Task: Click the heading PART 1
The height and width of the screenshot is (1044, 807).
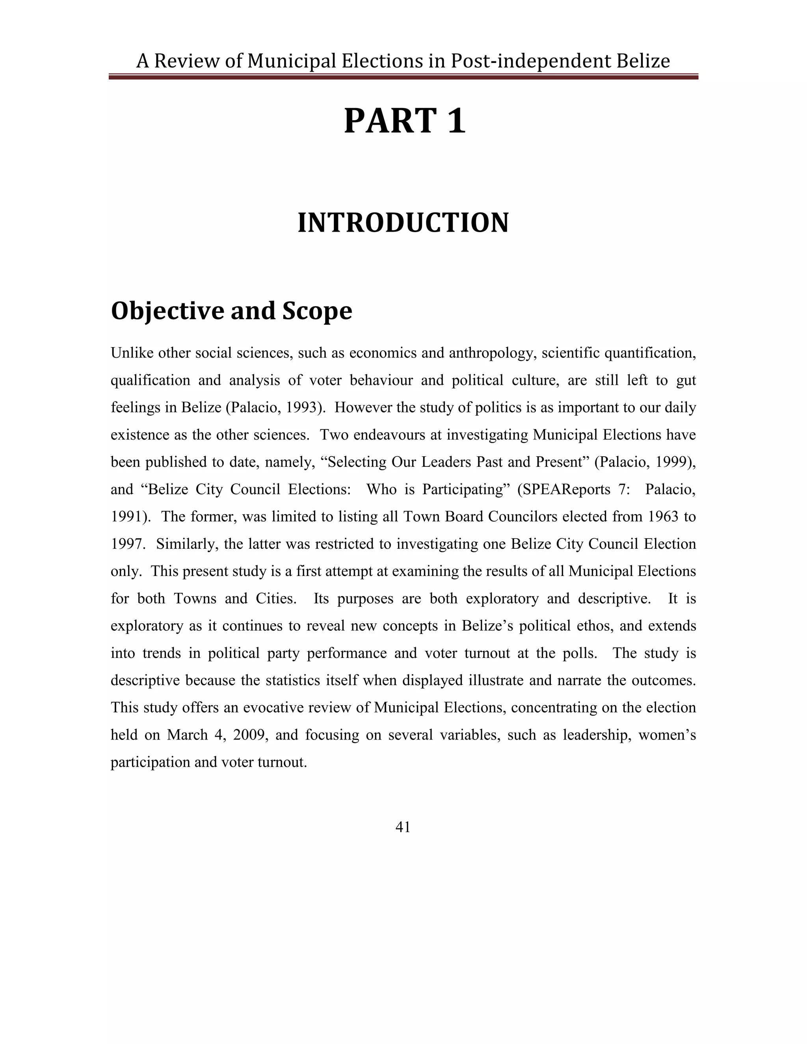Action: pos(404,121)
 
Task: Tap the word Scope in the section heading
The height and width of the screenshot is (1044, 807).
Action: pos(317,311)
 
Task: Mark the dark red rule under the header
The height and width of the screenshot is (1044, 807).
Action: pos(403,76)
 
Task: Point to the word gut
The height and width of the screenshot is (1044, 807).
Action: pos(686,381)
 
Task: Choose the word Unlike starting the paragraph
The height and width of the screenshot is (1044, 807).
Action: pos(130,353)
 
